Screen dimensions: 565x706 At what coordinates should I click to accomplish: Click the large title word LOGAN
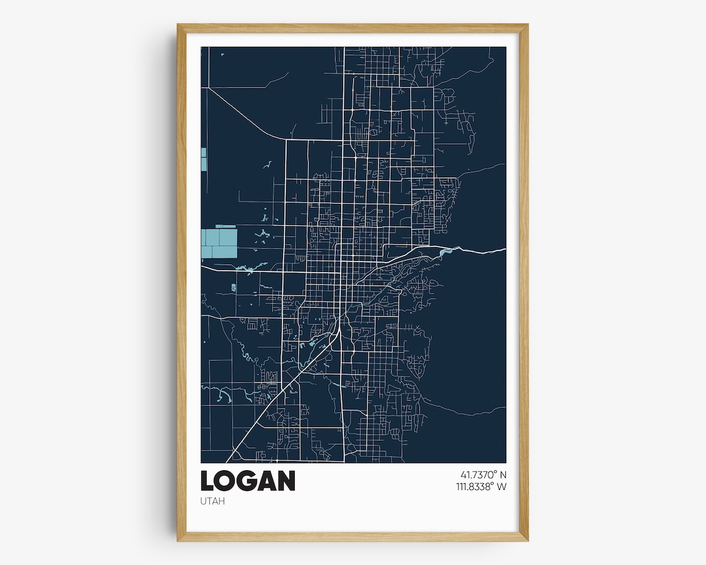(248, 481)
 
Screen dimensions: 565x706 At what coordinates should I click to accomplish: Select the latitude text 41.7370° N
(479, 474)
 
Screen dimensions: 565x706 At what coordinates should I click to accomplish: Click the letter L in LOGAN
(208, 481)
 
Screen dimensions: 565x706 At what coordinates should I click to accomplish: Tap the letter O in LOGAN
(226, 481)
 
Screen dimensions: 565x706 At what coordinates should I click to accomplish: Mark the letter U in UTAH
(203, 501)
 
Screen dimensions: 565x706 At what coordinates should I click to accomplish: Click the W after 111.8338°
(501, 487)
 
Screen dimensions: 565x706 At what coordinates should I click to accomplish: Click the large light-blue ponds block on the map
(218, 242)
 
